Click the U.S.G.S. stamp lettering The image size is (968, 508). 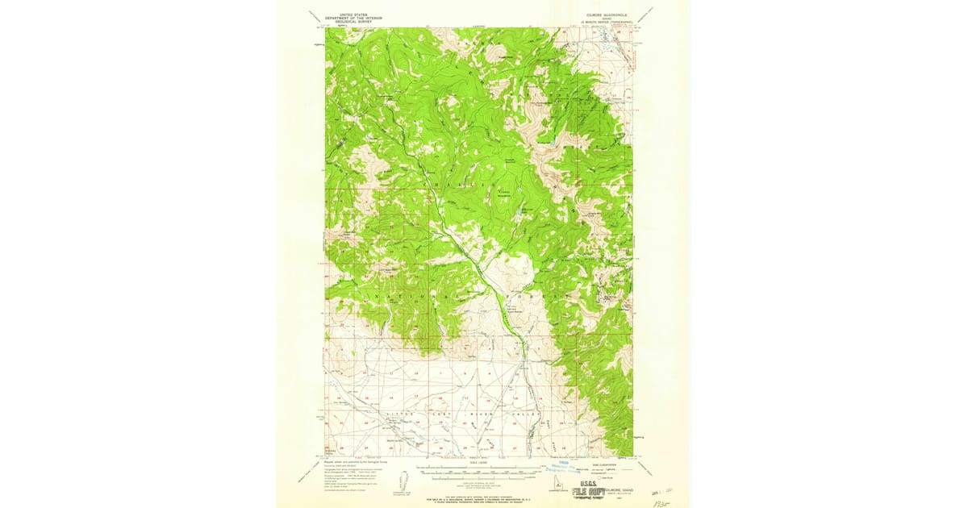(x=585, y=482)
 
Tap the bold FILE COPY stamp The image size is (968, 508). (x=589, y=492)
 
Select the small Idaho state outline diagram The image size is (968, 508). (x=404, y=481)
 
